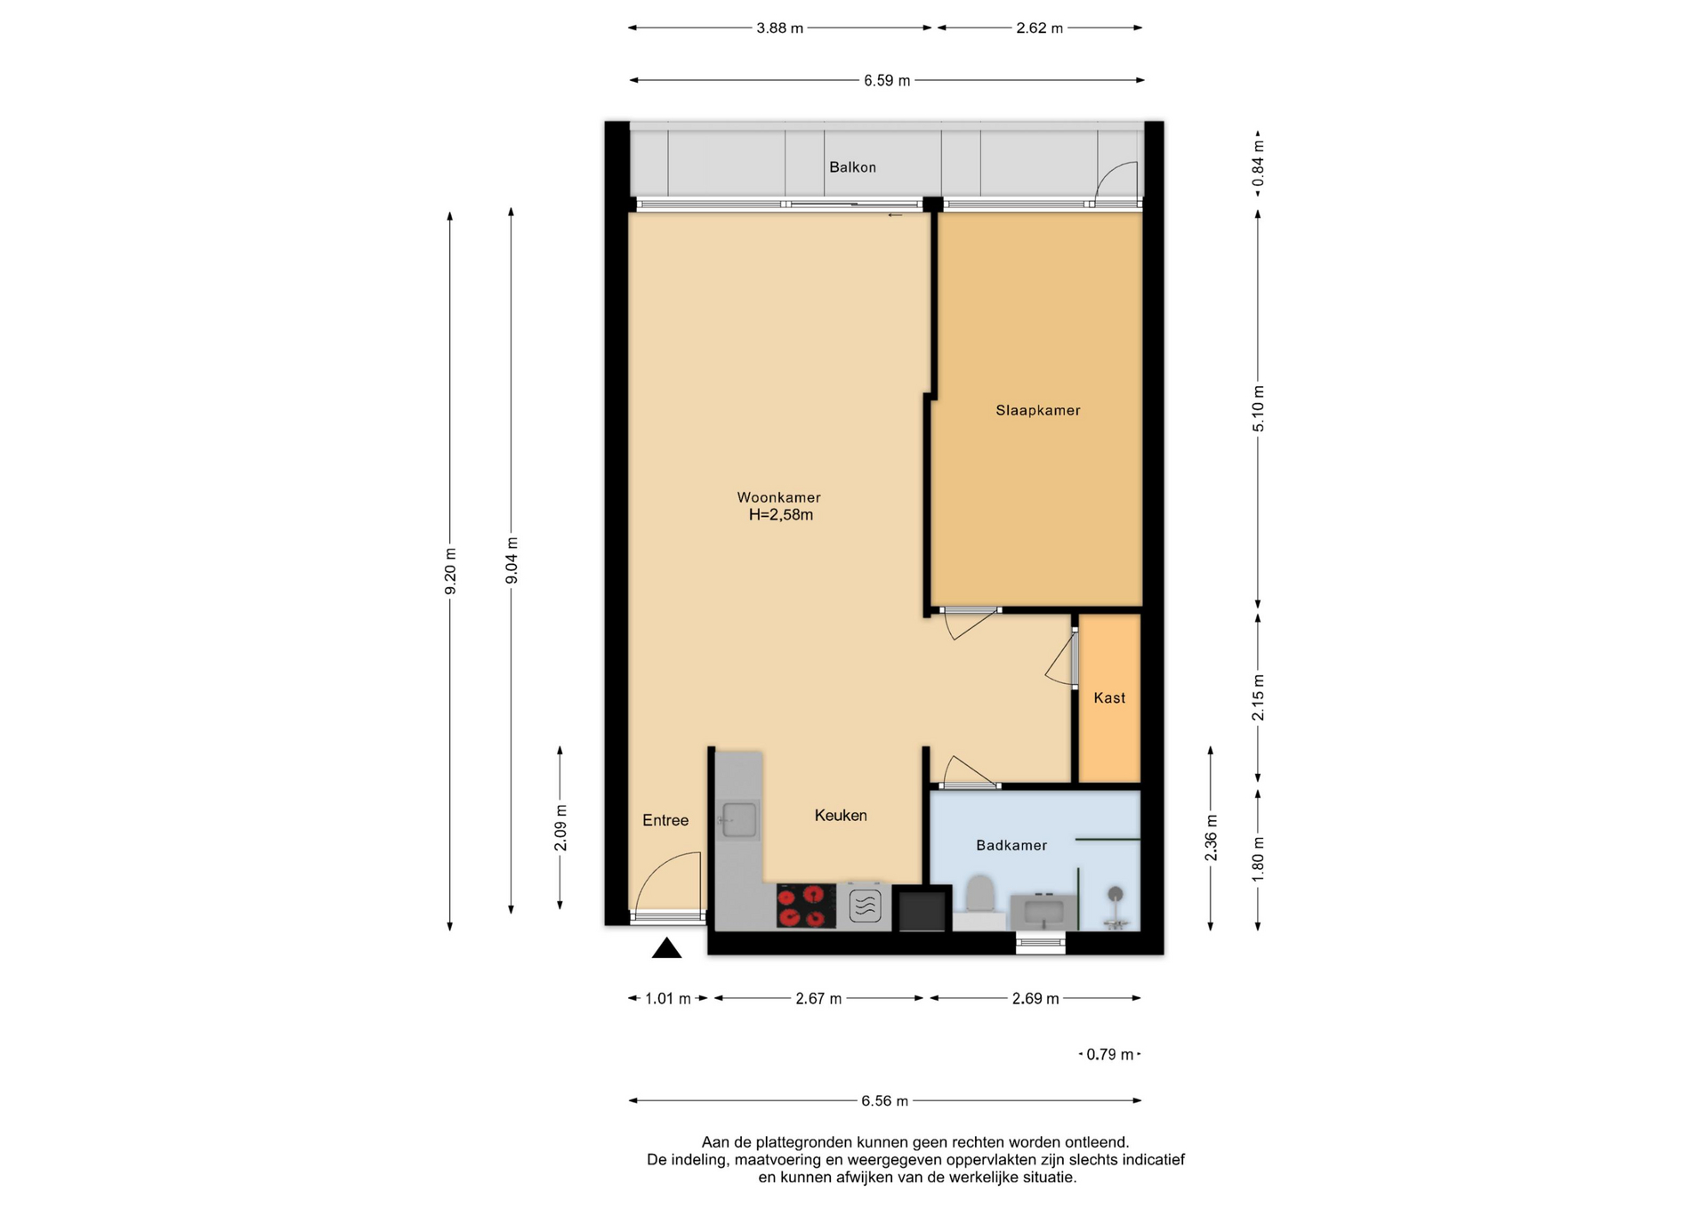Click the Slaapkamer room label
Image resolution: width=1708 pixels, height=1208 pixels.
click(x=1037, y=410)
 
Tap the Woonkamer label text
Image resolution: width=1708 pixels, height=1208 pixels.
click(x=778, y=497)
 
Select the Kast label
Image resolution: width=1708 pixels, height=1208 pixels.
click(x=1109, y=698)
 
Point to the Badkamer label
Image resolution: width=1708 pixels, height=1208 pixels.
click(x=1011, y=845)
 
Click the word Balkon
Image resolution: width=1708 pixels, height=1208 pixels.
click(x=852, y=167)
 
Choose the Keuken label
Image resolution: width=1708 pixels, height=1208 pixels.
click(x=841, y=815)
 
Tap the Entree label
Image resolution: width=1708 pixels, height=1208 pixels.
click(x=665, y=820)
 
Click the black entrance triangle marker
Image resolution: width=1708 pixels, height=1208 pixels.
click(x=666, y=948)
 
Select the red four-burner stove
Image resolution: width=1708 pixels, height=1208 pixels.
click(x=806, y=906)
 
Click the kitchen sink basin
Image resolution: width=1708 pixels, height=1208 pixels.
click(x=738, y=819)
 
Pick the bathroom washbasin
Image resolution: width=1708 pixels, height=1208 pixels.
click(x=1043, y=911)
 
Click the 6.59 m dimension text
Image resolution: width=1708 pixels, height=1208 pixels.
click(x=887, y=81)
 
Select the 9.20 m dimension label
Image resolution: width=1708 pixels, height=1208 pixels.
click(x=450, y=571)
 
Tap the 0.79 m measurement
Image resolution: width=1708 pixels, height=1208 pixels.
click(x=1110, y=1054)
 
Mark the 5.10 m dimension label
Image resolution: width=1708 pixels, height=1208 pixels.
click(x=1258, y=409)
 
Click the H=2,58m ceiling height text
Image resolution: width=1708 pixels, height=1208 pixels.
click(x=780, y=515)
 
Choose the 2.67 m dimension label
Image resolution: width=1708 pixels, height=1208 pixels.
click(x=818, y=999)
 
